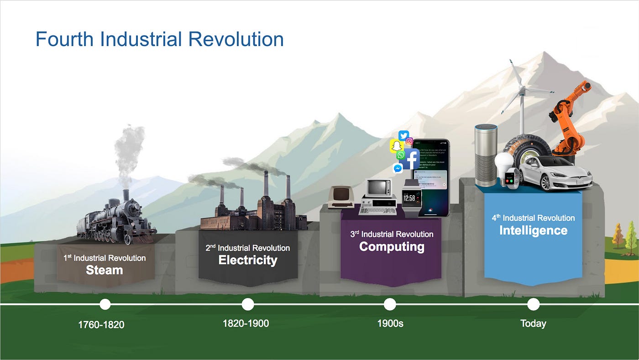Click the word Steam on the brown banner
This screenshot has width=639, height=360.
pyautogui.click(x=105, y=270)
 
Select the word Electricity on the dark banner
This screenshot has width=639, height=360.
pyautogui.click(x=248, y=261)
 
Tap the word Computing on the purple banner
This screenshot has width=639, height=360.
pyautogui.click(x=392, y=247)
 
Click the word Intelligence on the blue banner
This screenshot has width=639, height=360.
pyautogui.click(x=533, y=230)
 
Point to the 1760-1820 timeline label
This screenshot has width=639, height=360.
pyautogui.click(x=101, y=325)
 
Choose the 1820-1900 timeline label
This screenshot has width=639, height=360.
pyautogui.click(x=246, y=323)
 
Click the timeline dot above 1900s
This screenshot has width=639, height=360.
pyautogui.click(x=390, y=304)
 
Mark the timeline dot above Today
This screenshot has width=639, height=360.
pyautogui.click(x=533, y=304)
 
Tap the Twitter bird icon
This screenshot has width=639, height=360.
pyautogui.click(x=403, y=136)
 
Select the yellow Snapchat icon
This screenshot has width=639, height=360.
pyautogui.click(x=396, y=146)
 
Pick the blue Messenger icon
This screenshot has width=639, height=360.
pyautogui.click(x=398, y=168)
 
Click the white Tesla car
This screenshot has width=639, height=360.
pyautogui.click(x=555, y=174)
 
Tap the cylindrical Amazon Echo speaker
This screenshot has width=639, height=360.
pyautogui.click(x=486, y=155)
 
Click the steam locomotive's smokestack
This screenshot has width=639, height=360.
pyautogui.click(x=126, y=195)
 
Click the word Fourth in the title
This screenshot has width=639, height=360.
pyautogui.click(x=65, y=39)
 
